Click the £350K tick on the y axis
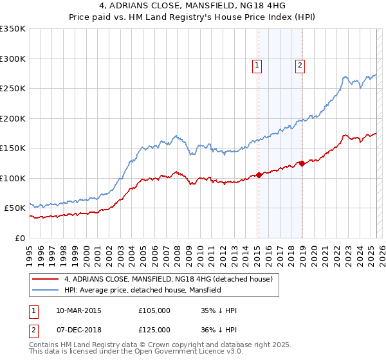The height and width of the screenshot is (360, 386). (13, 29)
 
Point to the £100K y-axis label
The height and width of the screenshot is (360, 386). (13, 178)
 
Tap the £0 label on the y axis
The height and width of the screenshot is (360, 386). (21, 238)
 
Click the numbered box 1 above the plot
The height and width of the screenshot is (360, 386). (257, 64)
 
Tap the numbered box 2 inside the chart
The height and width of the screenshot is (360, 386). (300, 64)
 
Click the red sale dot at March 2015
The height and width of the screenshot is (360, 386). (259, 174)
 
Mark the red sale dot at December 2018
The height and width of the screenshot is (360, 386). (301, 163)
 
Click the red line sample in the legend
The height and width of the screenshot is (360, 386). (45, 279)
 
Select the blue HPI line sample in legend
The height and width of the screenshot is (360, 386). (45, 290)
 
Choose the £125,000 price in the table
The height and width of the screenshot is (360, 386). (154, 330)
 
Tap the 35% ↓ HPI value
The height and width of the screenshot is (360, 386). (219, 310)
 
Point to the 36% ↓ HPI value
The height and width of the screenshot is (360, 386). (219, 330)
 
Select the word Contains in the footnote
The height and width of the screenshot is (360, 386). (45, 345)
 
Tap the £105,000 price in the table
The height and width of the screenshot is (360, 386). (154, 310)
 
